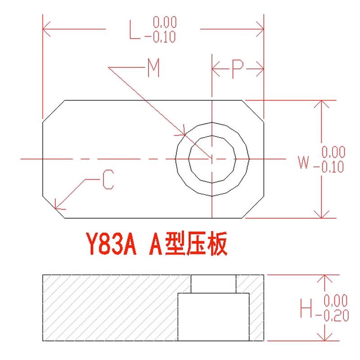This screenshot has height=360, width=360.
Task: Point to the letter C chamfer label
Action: click(108, 180)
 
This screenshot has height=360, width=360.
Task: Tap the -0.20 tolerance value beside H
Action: click(335, 316)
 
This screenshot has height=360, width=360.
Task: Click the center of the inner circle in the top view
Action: click(211, 158)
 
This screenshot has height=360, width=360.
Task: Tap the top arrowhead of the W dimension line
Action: click(321, 103)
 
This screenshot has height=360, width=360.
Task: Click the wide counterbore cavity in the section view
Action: click(214, 317)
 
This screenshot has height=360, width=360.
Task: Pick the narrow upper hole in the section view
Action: click(213, 283)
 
